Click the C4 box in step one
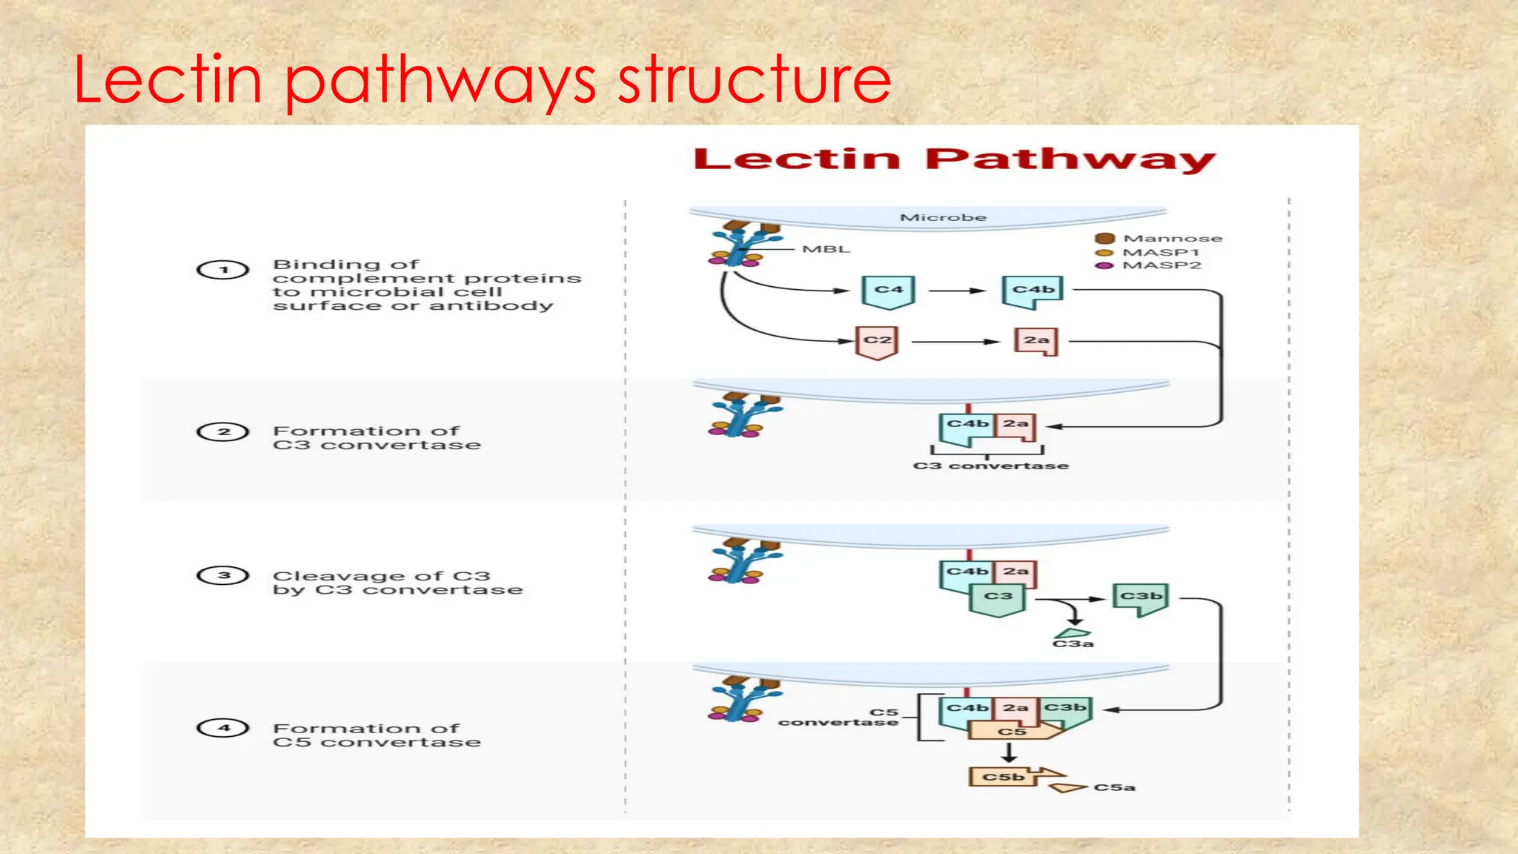(889, 291)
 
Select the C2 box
(878, 341)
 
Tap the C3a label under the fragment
(1073, 644)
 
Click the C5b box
(1003, 777)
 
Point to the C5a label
(1114, 787)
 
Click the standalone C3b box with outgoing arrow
(1141, 597)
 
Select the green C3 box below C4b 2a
(998, 598)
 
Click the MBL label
(826, 249)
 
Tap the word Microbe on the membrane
(943, 217)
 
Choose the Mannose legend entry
(1172, 238)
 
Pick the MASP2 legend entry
(1161, 265)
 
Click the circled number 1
(223, 270)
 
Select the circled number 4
(223, 728)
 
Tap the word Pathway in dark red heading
(1070, 159)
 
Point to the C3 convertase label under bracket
(991, 466)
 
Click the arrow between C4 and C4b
(957, 291)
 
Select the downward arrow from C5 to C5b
(1009, 752)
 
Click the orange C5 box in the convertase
(1011, 732)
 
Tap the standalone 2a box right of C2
(1035, 341)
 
